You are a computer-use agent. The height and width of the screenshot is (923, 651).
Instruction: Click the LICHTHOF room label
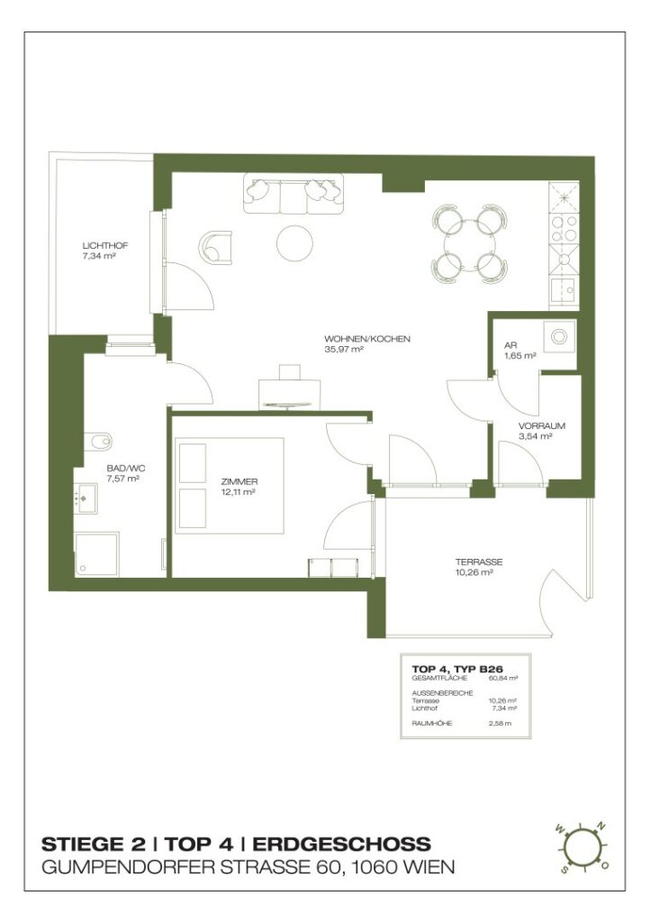pyautogui.click(x=101, y=245)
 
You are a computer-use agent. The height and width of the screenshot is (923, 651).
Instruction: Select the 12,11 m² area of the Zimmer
pyautogui.click(x=240, y=493)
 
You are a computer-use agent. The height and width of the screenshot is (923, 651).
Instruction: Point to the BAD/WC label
pyautogui.click(x=122, y=468)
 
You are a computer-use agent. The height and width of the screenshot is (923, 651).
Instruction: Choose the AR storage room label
pyautogui.click(x=511, y=345)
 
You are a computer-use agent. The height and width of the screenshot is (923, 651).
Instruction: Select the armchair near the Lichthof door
pyautogui.click(x=216, y=245)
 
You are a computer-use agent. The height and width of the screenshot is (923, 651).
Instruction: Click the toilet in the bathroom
pyautogui.click(x=97, y=441)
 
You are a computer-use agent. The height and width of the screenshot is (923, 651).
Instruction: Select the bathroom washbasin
pyautogui.click(x=87, y=497)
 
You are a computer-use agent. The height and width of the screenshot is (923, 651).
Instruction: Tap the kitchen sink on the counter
pyautogui.click(x=565, y=290)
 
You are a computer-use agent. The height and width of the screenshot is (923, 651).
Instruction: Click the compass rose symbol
pyautogui.click(x=582, y=848)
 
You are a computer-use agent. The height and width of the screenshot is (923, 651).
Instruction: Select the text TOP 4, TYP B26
pyautogui.click(x=457, y=668)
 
